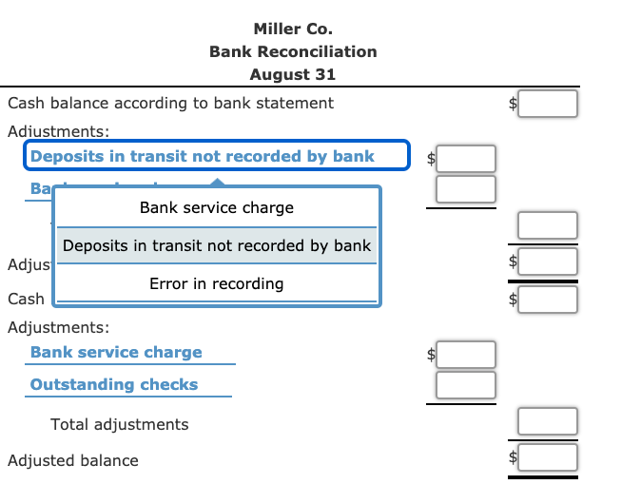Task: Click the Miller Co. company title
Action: coord(293,29)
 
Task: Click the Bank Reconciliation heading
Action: coord(293,51)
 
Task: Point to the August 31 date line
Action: coord(293,74)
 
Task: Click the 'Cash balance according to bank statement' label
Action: coord(170,103)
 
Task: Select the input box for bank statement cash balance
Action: coord(548,104)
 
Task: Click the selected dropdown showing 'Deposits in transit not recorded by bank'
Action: coord(216,156)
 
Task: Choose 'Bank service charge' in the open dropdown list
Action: coord(217,207)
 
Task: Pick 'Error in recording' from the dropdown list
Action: coord(217,283)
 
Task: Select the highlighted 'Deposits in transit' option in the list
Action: coord(217,245)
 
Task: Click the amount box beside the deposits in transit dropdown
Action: coord(466,158)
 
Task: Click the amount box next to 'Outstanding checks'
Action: coord(466,385)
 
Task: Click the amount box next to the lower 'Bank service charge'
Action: coord(466,355)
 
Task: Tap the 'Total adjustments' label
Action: coord(120,424)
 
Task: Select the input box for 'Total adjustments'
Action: coord(548,421)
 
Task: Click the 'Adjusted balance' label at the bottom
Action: coord(73,460)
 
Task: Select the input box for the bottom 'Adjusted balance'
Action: coord(548,457)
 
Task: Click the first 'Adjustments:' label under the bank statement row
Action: coord(58,129)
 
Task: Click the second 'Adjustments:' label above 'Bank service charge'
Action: coord(58,327)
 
